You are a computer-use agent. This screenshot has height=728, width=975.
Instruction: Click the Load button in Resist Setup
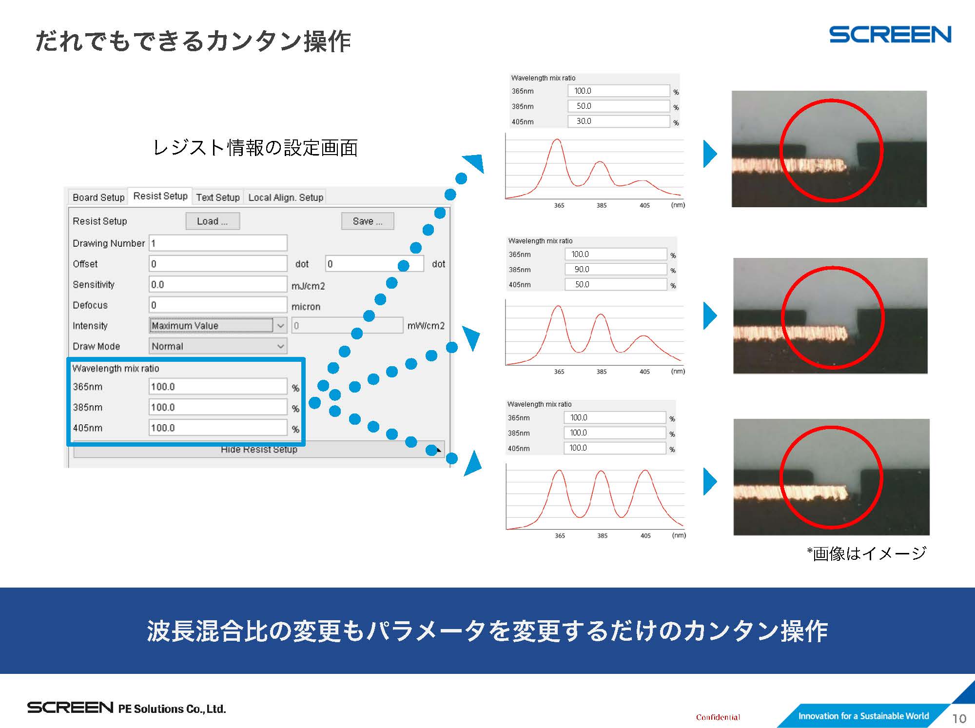pyautogui.click(x=213, y=221)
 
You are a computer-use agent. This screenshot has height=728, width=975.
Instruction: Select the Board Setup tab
pyautogui.click(x=98, y=197)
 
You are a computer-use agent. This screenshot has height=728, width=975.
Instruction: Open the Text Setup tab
pyautogui.click(x=218, y=197)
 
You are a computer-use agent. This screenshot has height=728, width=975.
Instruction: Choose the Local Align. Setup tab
pyautogui.click(x=286, y=197)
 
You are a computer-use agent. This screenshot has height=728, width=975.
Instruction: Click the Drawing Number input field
pyautogui.click(x=218, y=243)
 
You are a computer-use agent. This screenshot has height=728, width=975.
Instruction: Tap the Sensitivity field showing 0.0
pyautogui.click(x=218, y=284)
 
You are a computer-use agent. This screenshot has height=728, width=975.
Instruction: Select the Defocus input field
pyautogui.click(x=218, y=305)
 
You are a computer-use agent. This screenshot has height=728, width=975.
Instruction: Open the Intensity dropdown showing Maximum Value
pyautogui.click(x=218, y=325)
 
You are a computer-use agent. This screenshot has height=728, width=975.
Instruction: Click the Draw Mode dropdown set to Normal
pyautogui.click(x=218, y=346)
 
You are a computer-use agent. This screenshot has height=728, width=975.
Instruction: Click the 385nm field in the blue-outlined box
pyautogui.click(x=218, y=407)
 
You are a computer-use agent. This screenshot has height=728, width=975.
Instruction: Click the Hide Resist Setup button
pyautogui.click(x=259, y=450)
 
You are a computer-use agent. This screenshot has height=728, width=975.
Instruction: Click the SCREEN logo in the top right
pyautogui.click(x=890, y=35)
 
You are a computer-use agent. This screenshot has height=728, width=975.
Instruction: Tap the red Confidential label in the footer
pyautogui.click(x=718, y=717)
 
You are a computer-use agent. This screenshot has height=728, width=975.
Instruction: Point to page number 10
pyautogui.click(x=959, y=719)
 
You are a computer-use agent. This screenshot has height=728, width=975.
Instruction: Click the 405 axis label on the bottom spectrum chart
pyautogui.click(x=645, y=535)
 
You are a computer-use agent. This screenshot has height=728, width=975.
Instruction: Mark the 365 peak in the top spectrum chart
pyautogui.click(x=557, y=140)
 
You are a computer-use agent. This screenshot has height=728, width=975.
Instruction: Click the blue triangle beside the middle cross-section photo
pyautogui.click(x=710, y=315)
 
